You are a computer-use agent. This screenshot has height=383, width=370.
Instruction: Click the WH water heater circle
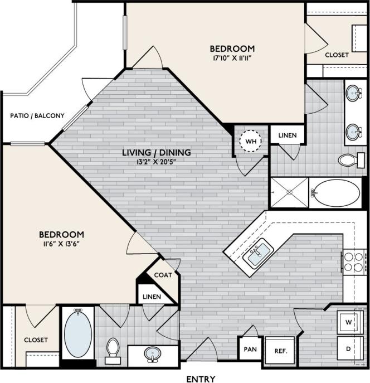pyautogui.click(x=250, y=142)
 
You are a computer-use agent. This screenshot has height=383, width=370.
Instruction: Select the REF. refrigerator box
pyautogui.click(x=280, y=352)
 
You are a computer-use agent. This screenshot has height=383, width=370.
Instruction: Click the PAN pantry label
pyautogui.click(x=249, y=351)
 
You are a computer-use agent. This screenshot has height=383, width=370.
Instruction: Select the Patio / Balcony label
pyautogui.click(x=38, y=116)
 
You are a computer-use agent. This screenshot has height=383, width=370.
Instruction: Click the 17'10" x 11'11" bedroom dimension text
pyautogui.click(x=232, y=57)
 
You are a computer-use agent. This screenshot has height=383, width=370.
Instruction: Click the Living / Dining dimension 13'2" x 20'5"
pyautogui.click(x=158, y=162)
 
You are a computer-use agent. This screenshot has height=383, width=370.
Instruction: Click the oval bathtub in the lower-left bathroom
pyautogui.click(x=78, y=333)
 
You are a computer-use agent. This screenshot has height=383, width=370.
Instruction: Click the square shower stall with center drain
pyautogui.click(x=289, y=193)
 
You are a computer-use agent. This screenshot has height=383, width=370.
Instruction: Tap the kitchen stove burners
pyautogui.click(x=353, y=262)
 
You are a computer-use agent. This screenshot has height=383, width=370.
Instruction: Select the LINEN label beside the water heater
pyautogui.click(x=287, y=135)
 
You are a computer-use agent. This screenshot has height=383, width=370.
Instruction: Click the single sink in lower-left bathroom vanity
pyautogui.click(x=152, y=353)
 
